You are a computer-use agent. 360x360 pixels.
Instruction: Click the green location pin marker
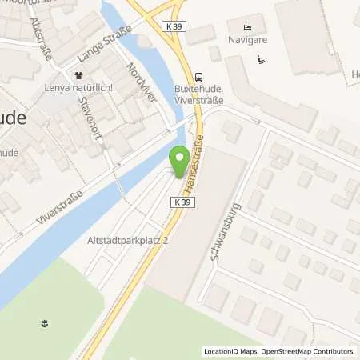180,158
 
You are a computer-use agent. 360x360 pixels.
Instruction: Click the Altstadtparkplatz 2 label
119,240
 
